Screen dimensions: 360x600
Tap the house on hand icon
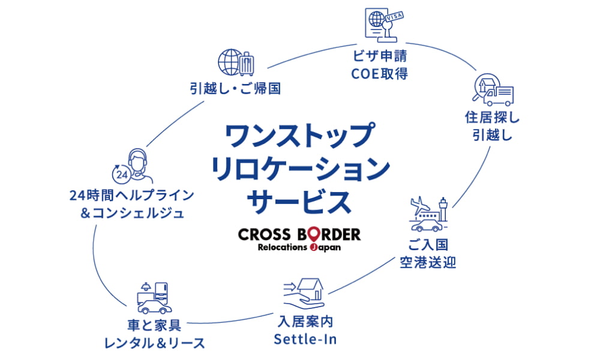click(306, 290)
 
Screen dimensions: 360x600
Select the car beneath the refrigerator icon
click(152, 307)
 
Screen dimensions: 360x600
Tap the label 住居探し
click(492, 116)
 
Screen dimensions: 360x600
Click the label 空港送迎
click(428, 262)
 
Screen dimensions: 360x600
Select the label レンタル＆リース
click(154, 343)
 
